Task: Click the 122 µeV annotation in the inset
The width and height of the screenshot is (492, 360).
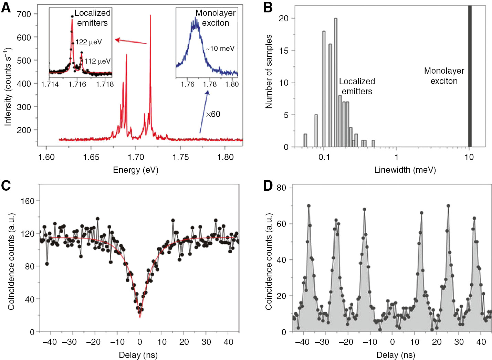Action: (x=89, y=42)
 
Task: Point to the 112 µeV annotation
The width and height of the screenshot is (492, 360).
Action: (x=97, y=61)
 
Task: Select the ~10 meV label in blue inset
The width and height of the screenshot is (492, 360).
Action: (x=220, y=49)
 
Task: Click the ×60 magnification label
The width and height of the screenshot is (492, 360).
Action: (x=213, y=114)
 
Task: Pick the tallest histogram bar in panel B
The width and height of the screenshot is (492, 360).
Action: (x=336, y=83)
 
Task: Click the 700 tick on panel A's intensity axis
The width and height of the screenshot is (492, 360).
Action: (x=24, y=14)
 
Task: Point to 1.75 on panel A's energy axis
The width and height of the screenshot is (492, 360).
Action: (x=181, y=157)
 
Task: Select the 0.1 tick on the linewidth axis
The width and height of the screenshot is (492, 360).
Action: (x=324, y=157)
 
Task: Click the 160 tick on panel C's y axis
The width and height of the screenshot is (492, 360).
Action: (x=28, y=201)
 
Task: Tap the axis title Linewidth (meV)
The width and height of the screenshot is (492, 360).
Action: (x=405, y=170)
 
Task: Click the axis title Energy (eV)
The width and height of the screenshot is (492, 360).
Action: (x=136, y=170)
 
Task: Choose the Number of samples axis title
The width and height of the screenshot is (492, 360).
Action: (x=269, y=72)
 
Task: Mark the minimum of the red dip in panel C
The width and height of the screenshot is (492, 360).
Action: (x=140, y=317)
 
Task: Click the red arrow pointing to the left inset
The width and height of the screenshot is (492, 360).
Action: (x=131, y=41)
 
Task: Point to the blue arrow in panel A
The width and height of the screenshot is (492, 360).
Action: (x=204, y=112)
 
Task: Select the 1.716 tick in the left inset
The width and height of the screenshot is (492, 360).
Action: (x=77, y=84)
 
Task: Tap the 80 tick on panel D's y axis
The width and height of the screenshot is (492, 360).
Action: (x=281, y=188)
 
